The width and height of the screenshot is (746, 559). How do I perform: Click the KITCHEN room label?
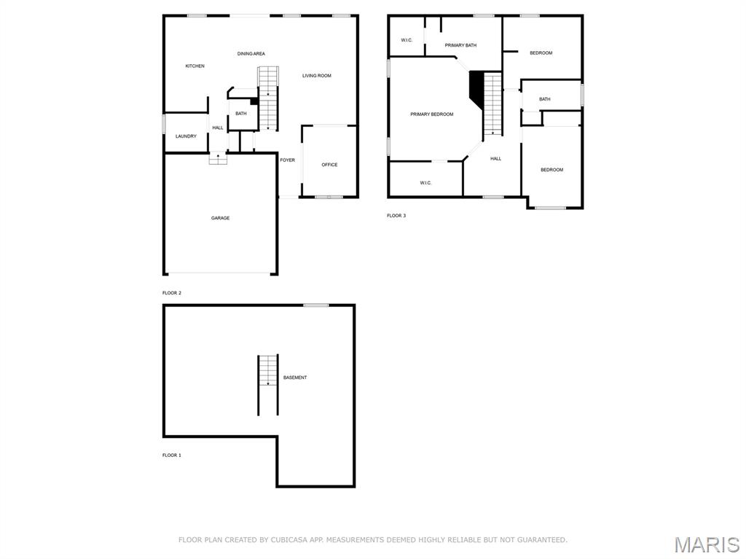click(x=195, y=66)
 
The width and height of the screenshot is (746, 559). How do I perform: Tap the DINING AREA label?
click(x=251, y=54)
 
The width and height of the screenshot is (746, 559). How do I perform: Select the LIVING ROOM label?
click(x=317, y=76)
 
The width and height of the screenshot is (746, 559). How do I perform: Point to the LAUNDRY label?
click(x=186, y=136)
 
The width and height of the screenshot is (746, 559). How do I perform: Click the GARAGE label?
click(x=220, y=218)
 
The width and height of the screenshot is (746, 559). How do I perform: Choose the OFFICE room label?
click(x=329, y=165)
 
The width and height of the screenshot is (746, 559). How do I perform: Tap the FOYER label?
click(x=288, y=160)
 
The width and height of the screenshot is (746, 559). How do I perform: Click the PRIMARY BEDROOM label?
click(x=431, y=114)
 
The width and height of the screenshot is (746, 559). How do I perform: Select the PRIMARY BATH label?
click(x=460, y=45)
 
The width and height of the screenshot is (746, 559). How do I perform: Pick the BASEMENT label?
click(x=295, y=378)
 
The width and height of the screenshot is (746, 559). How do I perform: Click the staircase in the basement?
click(x=267, y=384)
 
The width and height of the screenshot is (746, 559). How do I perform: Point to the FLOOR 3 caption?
click(x=396, y=216)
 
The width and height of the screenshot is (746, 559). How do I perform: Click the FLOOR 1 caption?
click(x=171, y=456)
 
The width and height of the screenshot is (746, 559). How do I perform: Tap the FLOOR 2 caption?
click(x=171, y=293)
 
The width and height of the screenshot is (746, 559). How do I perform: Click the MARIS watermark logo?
click(x=706, y=544)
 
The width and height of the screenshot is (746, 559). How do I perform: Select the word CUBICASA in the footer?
click(x=288, y=540)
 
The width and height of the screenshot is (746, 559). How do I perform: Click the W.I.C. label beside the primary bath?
click(x=407, y=40)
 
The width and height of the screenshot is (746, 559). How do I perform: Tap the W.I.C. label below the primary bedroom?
click(x=425, y=183)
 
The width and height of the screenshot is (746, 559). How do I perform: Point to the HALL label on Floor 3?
click(x=495, y=159)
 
